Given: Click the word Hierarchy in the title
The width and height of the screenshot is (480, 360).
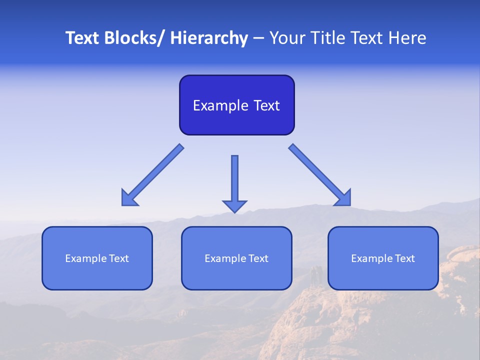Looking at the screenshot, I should [209, 38].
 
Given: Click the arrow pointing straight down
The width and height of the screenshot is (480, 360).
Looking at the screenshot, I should [234, 180].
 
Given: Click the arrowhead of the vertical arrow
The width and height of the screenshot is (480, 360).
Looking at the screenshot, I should [234, 205].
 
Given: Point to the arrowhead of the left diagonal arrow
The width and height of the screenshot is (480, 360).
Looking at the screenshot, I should [128, 199].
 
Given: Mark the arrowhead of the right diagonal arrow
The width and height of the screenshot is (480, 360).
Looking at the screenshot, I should [344, 199].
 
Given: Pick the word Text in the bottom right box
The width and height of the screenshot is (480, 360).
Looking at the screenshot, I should [404, 258].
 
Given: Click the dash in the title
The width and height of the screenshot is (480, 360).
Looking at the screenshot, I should [258, 38].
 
